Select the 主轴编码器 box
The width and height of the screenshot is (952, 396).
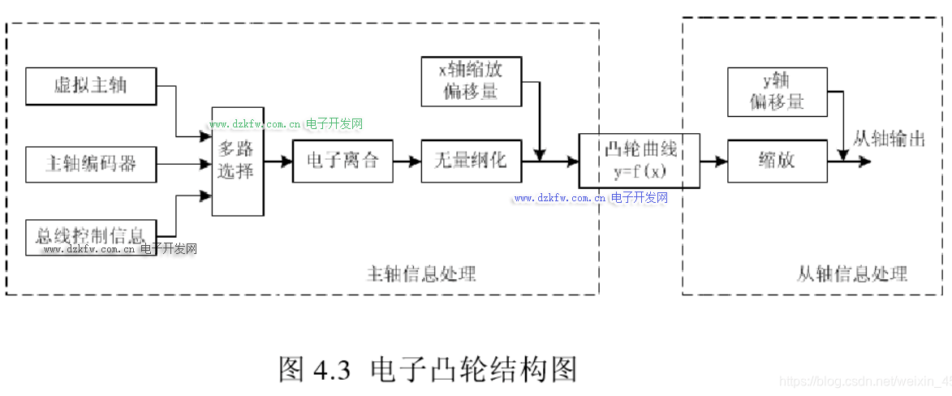(91, 165)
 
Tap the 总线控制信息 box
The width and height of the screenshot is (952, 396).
(91, 236)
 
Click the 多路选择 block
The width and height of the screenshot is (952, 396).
(237, 161)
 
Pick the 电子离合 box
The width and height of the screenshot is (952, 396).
(342, 161)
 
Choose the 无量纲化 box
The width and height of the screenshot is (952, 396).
(471, 161)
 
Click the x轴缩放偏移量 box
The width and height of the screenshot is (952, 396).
(471, 81)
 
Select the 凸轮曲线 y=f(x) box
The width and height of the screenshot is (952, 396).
(640, 161)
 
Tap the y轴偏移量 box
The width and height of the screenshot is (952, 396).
(777, 91)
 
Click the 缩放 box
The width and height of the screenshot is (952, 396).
(777, 161)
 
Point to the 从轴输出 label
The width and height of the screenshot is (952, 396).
(889, 139)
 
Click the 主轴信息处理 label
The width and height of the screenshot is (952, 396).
(422, 273)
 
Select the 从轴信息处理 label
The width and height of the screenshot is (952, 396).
(851, 273)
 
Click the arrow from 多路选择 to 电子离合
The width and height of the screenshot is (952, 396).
(278, 161)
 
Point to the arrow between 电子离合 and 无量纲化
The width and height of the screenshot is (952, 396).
(407, 161)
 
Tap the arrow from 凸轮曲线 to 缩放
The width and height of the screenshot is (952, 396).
(713, 161)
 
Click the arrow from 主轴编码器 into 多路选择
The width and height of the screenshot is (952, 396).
(183, 165)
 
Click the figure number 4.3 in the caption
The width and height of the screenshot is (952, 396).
(331, 370)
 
